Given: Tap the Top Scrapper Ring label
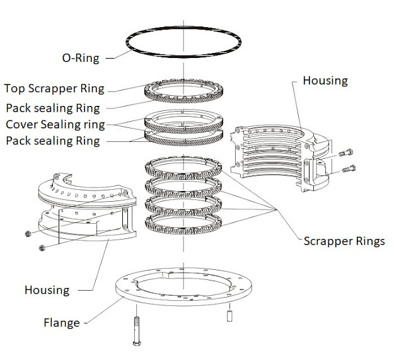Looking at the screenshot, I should pyautogui.click(x=54, y=88).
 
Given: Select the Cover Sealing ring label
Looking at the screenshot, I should pyautogui.click(x=55, y=123).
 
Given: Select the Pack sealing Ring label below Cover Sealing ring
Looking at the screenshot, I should pyautogui.click(x=52, y=141).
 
